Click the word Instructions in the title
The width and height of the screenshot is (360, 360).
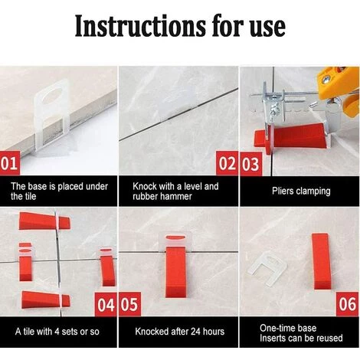tap(140, 26)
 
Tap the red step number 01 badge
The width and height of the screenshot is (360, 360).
tap(10, 163)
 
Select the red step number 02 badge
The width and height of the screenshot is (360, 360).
tap(227, 163)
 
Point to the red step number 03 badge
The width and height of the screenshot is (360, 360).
tap(250, 164)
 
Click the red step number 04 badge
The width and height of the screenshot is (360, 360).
tap(106, 304)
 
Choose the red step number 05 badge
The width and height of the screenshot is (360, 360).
tap(130, 304)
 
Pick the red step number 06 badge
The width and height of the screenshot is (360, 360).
tap(348, 304)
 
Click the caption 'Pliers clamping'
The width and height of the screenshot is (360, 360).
tap(301, 191)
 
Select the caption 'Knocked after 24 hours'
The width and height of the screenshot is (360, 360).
tap(180, 332)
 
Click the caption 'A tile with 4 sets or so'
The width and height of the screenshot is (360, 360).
tap(57, 332)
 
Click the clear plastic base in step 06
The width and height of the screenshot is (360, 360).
tap(267, 270)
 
